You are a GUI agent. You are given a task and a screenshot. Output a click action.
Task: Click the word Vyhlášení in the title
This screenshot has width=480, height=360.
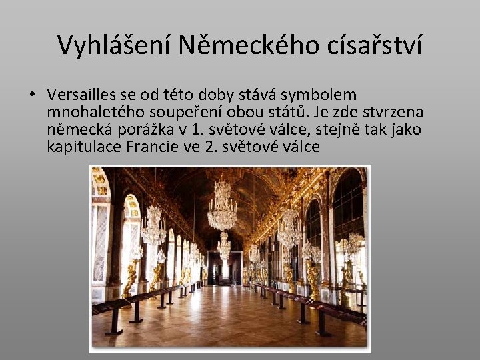tap(111, 45)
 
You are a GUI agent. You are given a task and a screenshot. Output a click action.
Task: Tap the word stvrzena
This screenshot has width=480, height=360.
tap(395, 111)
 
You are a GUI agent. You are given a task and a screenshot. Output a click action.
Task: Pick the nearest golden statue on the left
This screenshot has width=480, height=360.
tap(131, 280)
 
